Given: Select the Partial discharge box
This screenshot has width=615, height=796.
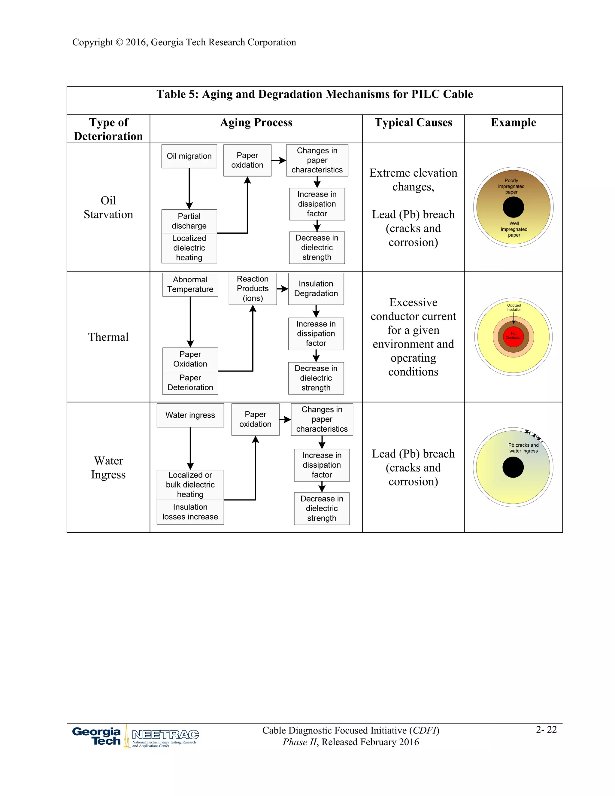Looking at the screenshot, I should (x=189, y=221).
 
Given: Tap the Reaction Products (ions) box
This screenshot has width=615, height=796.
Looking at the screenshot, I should (x=253, y=288).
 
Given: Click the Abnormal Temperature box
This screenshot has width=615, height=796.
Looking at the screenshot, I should (x=190, y=284).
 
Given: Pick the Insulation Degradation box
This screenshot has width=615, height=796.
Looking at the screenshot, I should (x=316, y=288).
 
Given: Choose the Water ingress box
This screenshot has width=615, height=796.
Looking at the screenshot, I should (x=190, y=415).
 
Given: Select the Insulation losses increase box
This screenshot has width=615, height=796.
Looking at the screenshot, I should (x=190, y=512).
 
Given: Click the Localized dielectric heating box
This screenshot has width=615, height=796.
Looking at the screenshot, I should (x=189, y=248).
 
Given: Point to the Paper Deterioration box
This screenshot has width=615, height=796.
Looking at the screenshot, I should (x=190, y=383).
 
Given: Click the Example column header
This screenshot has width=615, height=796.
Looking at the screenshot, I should (x=513, y=123).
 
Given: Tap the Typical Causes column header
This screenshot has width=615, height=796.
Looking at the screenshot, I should (x=413, y=123).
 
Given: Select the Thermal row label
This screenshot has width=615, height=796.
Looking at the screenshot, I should (x=108, y=337).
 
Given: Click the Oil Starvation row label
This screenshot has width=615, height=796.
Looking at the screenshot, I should (x=108, y=207).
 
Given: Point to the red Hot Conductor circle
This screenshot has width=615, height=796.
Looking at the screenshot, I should (x=513, y=336).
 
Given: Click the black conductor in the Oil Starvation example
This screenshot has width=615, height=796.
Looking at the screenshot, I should (x=513, y=207).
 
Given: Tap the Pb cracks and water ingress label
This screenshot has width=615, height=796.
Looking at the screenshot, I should (x=523, y=448).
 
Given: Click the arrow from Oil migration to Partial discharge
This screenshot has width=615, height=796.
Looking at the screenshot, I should (x=189, y=188).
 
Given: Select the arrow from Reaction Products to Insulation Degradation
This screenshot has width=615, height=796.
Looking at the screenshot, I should (x=282, y=289).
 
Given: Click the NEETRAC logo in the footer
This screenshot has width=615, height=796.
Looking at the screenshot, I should (x=165, y=738).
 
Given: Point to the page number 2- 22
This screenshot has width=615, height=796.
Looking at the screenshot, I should (x=546, y=729).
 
